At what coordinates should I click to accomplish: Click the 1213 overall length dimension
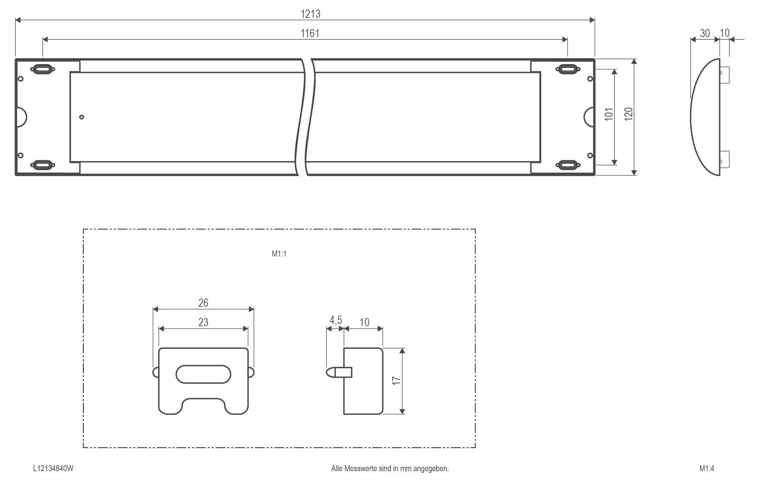[310, 14]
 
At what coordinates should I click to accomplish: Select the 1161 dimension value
[310, 33]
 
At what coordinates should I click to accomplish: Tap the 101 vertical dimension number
[609, 114]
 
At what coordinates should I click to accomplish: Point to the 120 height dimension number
[628, 114]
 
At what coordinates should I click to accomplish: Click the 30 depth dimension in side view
[705, 33]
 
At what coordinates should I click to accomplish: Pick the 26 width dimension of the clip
[203, 303]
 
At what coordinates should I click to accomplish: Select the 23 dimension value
[203, 322]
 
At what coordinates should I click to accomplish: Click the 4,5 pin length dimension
[336, 320]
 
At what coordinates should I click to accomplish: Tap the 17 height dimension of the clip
[396, 380]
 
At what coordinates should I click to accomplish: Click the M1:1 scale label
[279, 254]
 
